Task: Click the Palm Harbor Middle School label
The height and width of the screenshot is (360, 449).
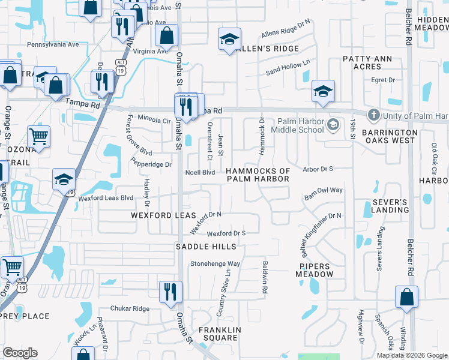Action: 298,125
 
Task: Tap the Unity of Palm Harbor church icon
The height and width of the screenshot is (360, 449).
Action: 373,115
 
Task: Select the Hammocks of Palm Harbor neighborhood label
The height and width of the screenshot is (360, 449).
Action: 258,175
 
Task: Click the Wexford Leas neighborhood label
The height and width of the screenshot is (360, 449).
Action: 164,215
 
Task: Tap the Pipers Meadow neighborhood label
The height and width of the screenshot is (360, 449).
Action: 314,269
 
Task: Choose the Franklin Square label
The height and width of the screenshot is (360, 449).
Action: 220,334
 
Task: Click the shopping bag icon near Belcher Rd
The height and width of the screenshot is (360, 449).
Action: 407,296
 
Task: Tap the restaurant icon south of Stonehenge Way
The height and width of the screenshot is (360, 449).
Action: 170,292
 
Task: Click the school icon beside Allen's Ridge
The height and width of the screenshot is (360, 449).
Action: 229,39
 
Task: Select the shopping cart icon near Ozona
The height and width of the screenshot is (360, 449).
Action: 38,136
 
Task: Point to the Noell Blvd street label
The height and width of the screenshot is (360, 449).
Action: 200,172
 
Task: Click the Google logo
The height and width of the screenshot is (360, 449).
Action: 20,353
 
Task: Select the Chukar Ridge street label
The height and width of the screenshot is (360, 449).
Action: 132,308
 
